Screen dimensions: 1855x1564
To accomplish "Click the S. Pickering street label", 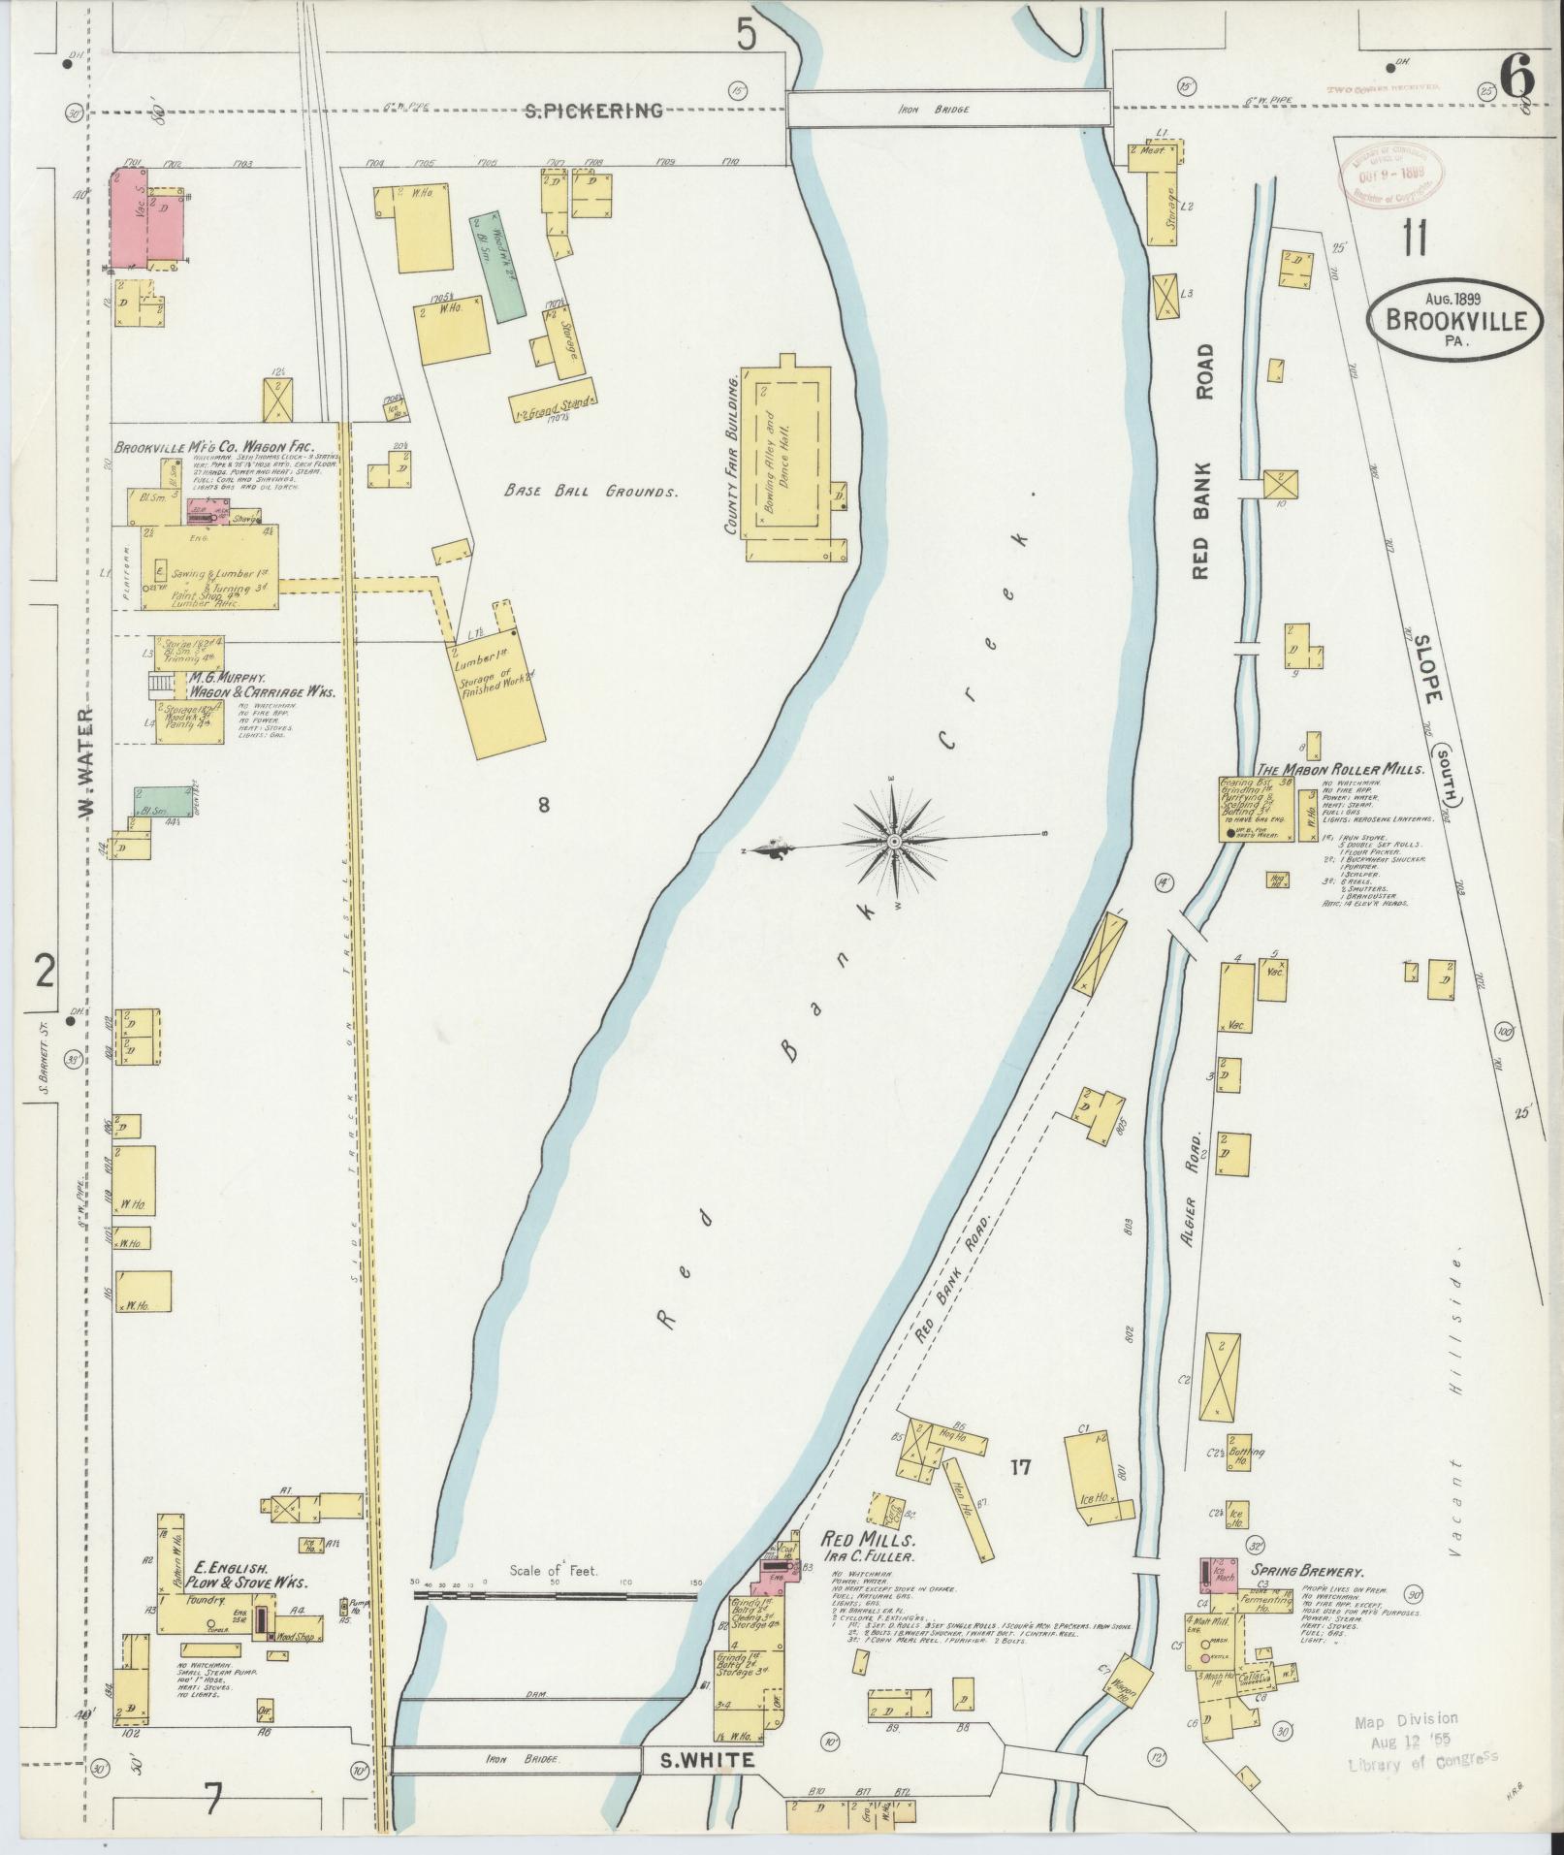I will (593, 111).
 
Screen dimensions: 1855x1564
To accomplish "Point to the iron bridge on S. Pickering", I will (947, 109).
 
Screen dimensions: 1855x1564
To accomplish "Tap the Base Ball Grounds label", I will (590, 492).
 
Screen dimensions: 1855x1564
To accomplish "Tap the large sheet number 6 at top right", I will (1516, 79).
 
